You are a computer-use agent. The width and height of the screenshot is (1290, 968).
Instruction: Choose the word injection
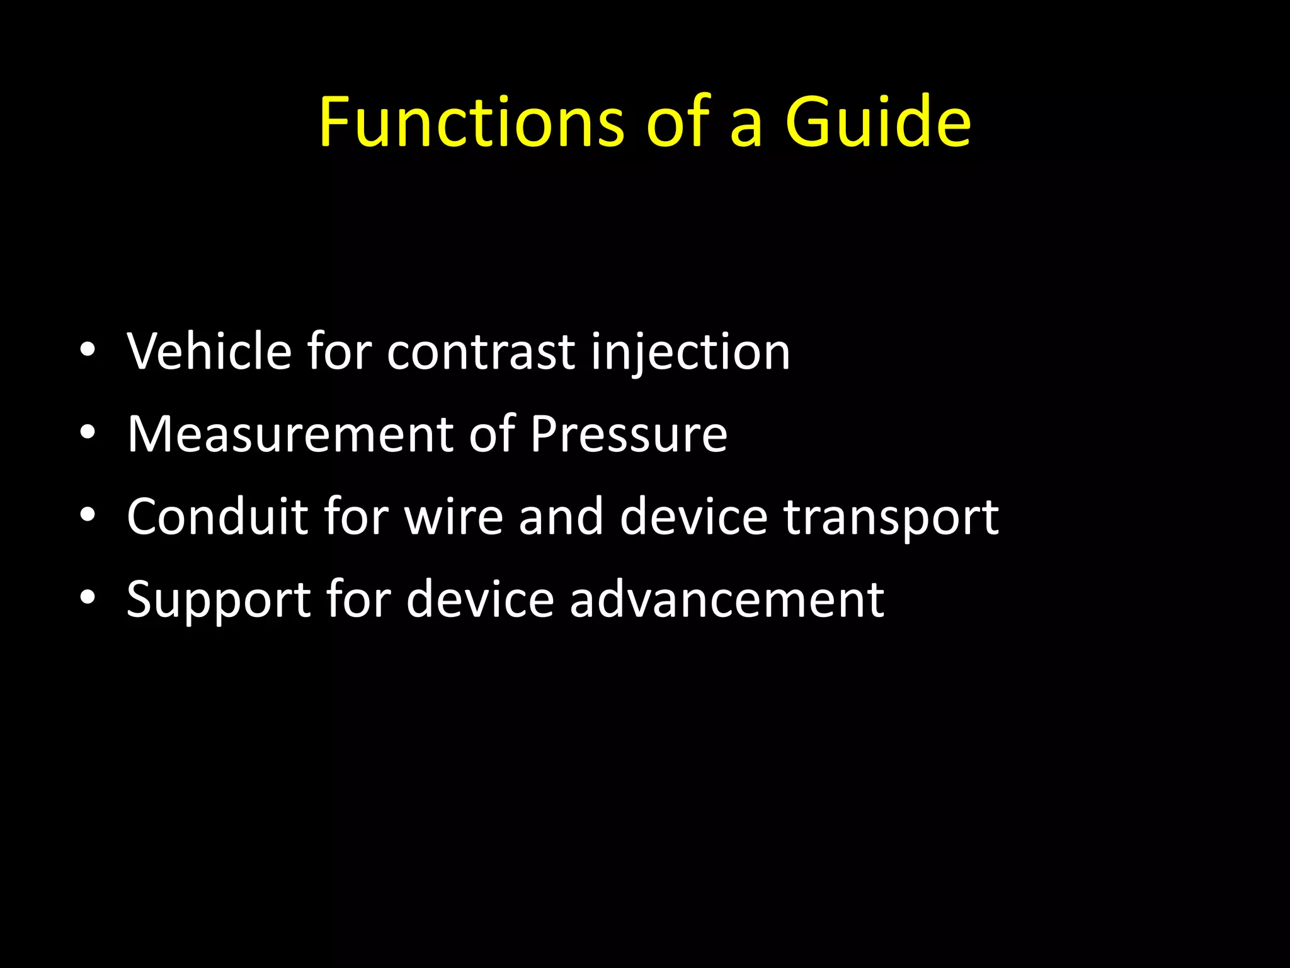pyautogui.click(x=690, y=352)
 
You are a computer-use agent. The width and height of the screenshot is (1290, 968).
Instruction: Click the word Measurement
pyautogui.click(x=290, y=434)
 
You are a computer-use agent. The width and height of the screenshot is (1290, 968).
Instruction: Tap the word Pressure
pyautogui.click(x=629, y=434)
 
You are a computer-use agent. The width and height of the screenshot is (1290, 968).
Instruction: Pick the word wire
pyautogui.click(x=454, y=516)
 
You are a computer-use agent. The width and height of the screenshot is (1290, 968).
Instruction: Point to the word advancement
pyautogui.click(x=727, y=599)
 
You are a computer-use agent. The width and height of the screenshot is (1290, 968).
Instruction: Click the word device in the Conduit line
pyautogui.click(x=694, y=516)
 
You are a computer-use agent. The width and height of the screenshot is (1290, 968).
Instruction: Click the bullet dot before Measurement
pyautogui.click(x=88, y=432)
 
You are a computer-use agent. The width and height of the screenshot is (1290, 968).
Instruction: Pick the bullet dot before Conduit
pyautogui.click(x=88, y=515)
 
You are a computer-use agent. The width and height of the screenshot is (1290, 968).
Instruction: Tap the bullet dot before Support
pyautogui.click(x=88, y=597)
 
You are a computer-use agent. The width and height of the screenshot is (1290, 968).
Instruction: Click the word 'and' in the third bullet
pyautogui.click(x=561, y=516)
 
